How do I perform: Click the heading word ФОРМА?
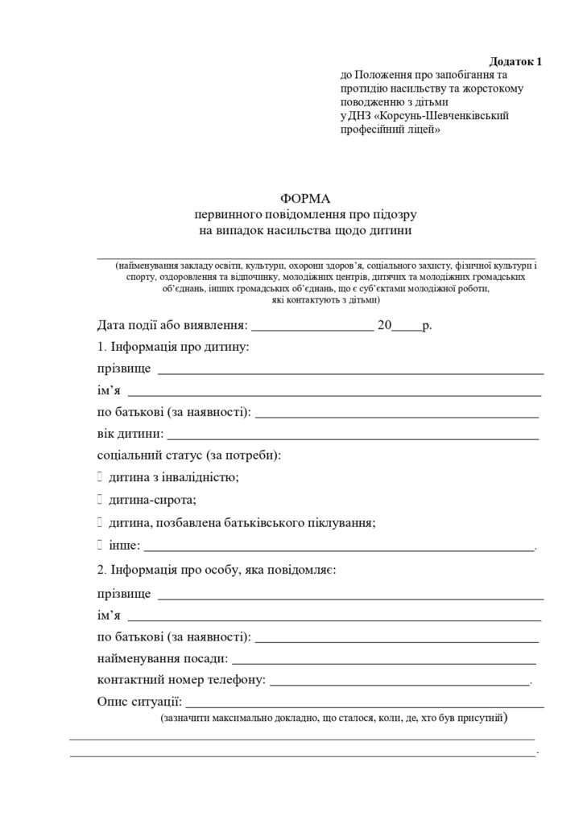305,198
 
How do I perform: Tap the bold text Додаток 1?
516,62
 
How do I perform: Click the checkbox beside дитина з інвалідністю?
99,477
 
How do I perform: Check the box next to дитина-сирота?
99,500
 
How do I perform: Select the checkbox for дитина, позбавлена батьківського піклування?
99,522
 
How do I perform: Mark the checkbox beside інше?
99,546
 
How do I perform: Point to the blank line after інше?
339,548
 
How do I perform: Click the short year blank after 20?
407,328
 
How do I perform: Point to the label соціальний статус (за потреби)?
188,455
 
